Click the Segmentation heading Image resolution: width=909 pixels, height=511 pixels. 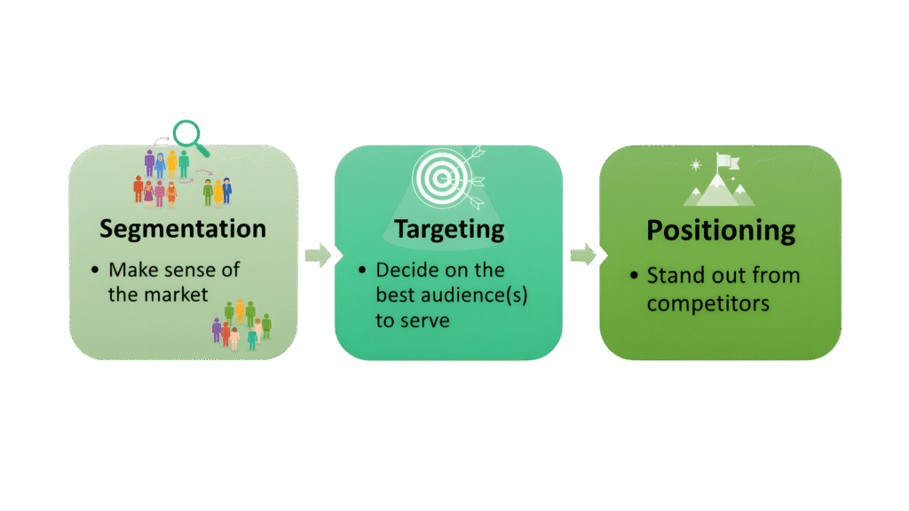(183, 229)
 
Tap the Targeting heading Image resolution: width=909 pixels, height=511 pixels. (449, 229)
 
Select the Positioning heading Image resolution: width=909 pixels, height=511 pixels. (720, 231)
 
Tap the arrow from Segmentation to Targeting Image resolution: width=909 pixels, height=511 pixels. (317, 256)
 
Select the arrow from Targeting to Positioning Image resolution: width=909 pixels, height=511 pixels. (582, 256)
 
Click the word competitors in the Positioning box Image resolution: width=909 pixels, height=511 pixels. (707, 303)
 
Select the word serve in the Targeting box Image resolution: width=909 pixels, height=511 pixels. (425, 320)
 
